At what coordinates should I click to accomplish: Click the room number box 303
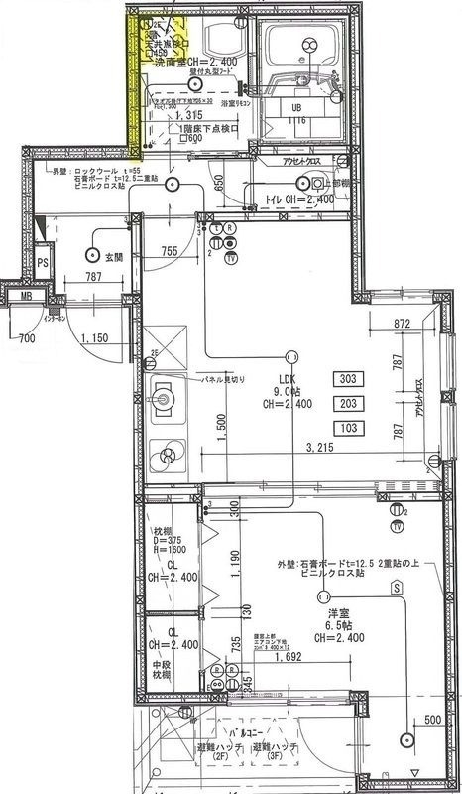click(348, 378)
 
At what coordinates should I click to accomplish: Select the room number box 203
click(348, 403)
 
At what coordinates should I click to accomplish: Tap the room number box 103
click(348, 428)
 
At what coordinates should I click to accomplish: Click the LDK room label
click(288, 379)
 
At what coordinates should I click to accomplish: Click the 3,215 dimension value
click(321, 449)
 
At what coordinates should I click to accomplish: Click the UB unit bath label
click(296, 107)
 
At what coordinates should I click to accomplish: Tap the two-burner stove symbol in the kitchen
click(166, 456)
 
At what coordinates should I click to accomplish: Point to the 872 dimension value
click(401, 324)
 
